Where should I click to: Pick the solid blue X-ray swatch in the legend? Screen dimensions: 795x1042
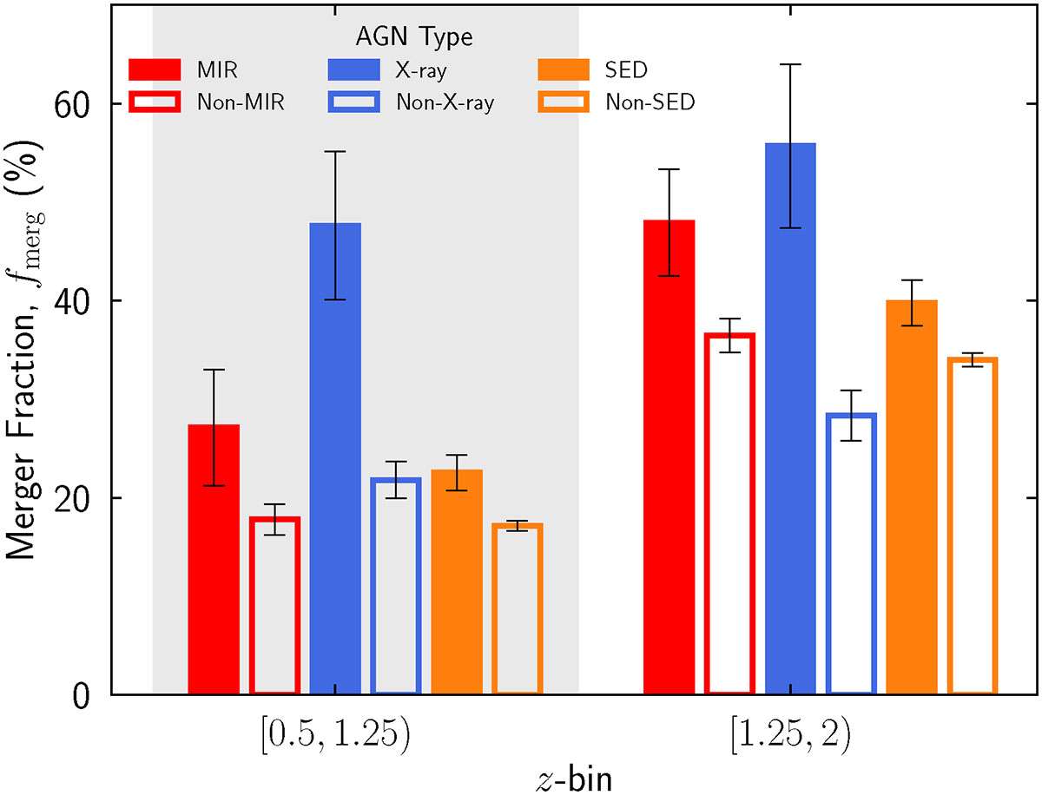pyautogui.click(x=353, y=69)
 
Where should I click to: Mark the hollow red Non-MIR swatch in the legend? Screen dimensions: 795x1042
pyautogui.click(x=155, y=102)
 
